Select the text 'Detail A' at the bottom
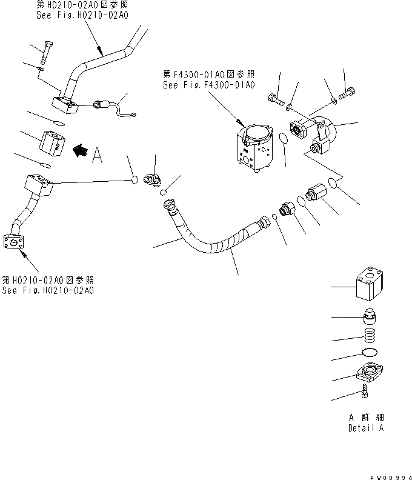tap(366, 428)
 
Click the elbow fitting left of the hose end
tap(153, 179)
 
